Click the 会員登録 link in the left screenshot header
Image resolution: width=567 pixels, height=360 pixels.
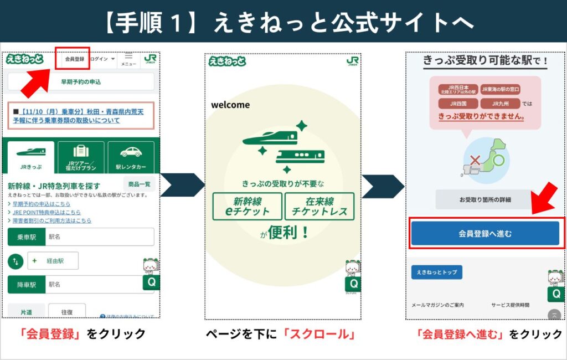74,59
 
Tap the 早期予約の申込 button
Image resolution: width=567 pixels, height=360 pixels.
81,82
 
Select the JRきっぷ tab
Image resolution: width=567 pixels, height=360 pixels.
31,157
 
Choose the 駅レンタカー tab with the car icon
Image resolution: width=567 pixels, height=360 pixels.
131,157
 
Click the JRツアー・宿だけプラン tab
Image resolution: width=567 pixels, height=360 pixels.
81,157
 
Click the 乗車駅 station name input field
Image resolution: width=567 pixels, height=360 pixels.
99,236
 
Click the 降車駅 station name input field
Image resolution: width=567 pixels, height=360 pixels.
99,285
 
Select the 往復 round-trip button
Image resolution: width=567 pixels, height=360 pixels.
66,312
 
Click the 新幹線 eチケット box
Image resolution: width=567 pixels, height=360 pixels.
247,206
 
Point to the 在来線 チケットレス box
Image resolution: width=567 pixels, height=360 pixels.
319,206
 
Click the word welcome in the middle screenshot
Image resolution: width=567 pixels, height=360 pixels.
230,105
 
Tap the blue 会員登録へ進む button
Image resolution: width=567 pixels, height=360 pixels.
485,233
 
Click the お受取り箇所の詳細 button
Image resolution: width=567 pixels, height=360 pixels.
485,199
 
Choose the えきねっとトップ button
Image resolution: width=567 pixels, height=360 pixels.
436,272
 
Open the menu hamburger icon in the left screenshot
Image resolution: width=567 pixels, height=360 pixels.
128,58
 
